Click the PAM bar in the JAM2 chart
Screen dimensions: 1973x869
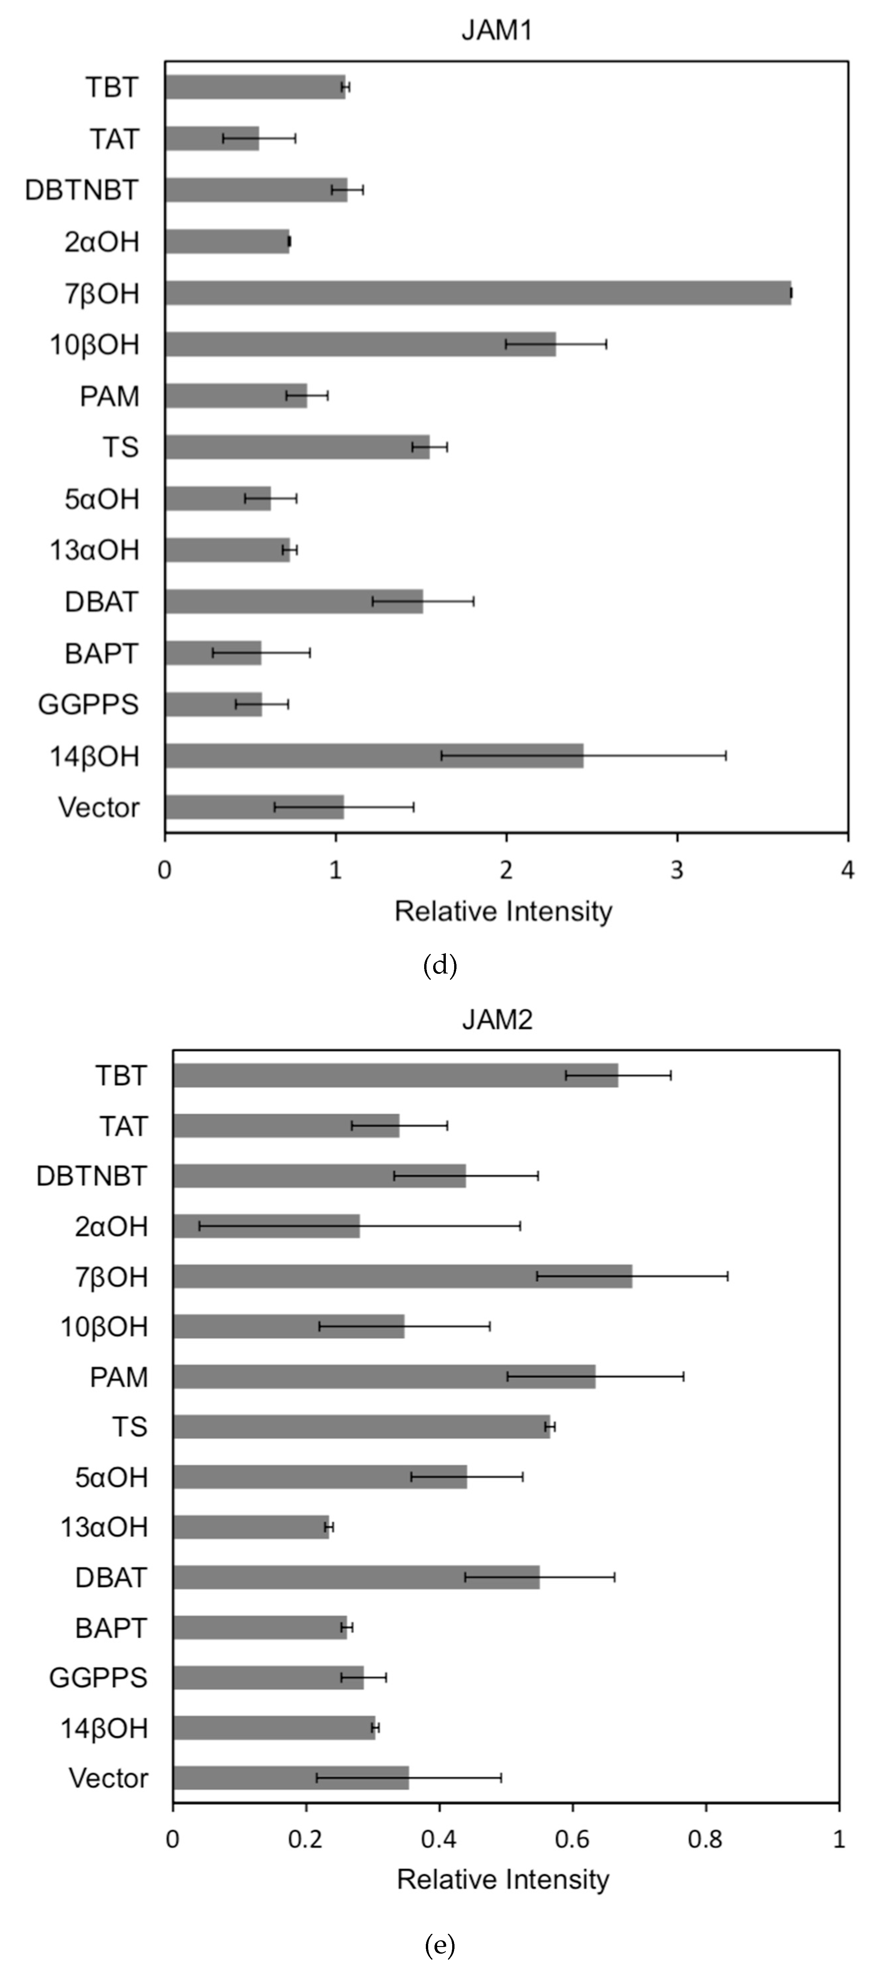tap(384, 1376)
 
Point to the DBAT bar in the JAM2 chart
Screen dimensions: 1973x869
tap(356, 1577)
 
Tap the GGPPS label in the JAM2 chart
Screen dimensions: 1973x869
tap(98, 1677)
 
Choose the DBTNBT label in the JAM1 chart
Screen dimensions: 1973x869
tap(82, 190)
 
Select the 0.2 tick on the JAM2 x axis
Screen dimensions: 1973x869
tap(306, 1839)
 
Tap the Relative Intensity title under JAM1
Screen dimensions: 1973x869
tap(504, 911)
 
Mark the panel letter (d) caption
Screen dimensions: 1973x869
tap(440, 965)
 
